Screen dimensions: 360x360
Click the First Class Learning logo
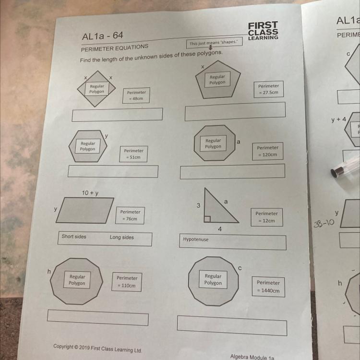[263, 31]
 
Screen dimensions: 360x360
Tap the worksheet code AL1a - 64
[102, 36]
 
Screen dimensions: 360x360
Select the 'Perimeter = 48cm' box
[136, 96]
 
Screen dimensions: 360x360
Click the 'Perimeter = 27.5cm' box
[269, 89]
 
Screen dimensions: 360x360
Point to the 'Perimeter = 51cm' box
[133, 154]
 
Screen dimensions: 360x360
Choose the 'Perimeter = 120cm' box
[267, 151]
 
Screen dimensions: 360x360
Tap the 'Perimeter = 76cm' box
[130, 216]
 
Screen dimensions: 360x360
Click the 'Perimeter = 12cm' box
[266, 217]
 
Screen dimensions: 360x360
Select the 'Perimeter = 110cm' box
[127, 282]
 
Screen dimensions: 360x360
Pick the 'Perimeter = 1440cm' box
[268, 287]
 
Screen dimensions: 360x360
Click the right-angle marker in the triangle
[207, 219]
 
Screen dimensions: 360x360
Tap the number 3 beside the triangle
[198, 205]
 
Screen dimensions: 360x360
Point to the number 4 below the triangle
[220, 229]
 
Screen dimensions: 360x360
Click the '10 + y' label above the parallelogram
[90, 193]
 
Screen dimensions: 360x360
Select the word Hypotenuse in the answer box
[196, 239]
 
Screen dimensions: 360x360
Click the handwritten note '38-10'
[324, 223]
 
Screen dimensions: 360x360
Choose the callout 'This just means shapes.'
[214, 43]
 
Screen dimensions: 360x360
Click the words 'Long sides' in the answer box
[122, 237]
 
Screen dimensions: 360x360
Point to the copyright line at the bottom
[97, 348]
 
